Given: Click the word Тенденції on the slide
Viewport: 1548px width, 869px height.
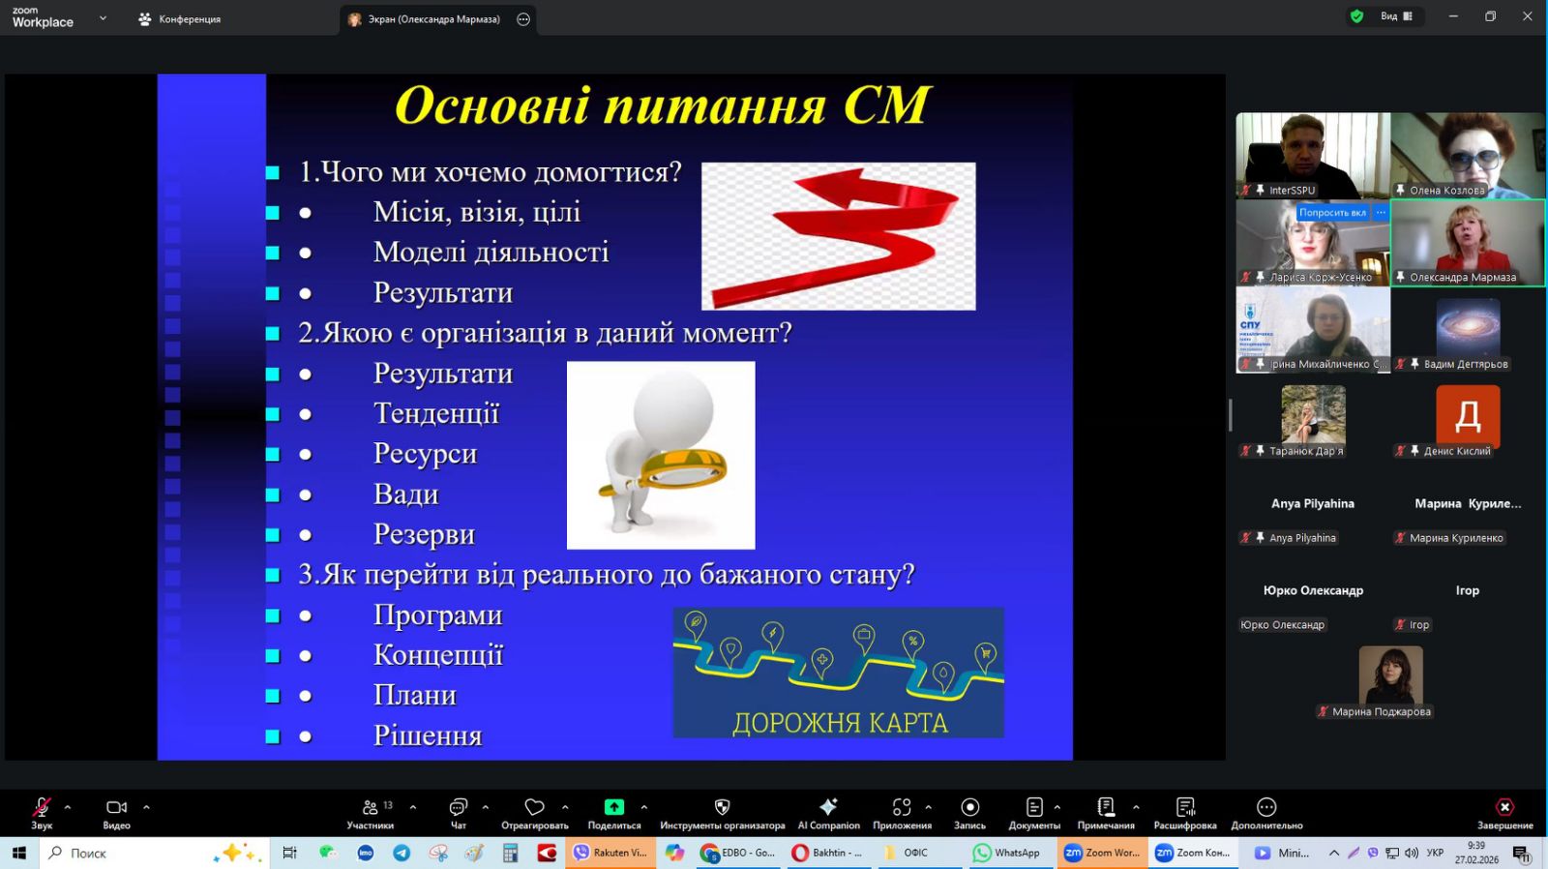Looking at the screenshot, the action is tap(436, 414).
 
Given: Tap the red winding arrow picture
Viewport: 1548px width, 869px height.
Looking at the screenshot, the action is tap(838, 236).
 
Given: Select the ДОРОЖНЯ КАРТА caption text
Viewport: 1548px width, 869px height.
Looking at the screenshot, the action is tap(840, 723).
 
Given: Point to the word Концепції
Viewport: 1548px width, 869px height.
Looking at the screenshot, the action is tap(438, 655).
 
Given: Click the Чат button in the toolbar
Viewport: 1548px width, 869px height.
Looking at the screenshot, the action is tap(459, 814).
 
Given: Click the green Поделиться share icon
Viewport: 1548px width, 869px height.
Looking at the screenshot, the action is tap(613, 807).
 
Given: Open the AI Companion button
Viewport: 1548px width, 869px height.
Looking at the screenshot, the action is tap(828, 814).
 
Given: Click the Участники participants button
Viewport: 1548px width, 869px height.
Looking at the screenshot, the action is tap(372, 814).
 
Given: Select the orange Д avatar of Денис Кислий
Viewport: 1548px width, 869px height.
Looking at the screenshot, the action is tap(1468, 415).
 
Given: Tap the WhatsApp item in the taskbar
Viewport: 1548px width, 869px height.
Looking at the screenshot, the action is tap(1006, 853).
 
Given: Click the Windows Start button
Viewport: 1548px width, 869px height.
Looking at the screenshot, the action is tap(18, 854).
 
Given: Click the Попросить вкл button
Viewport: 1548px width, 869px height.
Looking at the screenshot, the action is tap(1331, 212).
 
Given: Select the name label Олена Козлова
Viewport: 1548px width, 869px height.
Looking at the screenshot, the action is tap(1446, 190).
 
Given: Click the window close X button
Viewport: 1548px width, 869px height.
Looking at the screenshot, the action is tap(1528, 16).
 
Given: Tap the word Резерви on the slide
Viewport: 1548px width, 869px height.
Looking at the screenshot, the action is tap(424, 534).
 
